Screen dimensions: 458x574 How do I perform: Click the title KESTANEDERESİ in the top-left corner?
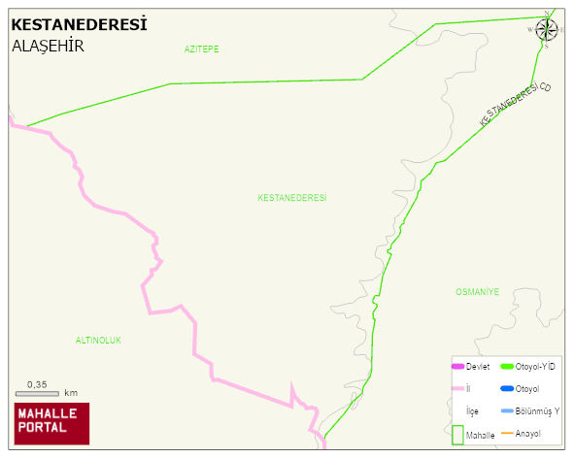[79, 24]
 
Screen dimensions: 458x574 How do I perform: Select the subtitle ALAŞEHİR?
[48, 46]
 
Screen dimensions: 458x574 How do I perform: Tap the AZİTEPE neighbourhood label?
[201, 49]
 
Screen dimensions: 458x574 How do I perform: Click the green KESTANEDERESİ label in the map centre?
[292, 198]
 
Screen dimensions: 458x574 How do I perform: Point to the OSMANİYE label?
[477, 291]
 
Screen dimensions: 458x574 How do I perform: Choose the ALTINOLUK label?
[98, 340]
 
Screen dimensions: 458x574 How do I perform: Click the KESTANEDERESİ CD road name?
[516, 104]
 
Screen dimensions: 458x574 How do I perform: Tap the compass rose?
[546, 29]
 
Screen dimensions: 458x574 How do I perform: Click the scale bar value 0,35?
[37, 384]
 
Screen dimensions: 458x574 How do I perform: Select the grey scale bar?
[37, 394]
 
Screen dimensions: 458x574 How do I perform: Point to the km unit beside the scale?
[71, 393]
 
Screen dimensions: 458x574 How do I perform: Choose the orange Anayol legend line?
[506, 433]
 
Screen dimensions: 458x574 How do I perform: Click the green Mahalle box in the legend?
[456, 435]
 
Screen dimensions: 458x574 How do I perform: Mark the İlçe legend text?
[472, 411]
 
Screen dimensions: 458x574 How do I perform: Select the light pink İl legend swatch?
[457, 388]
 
